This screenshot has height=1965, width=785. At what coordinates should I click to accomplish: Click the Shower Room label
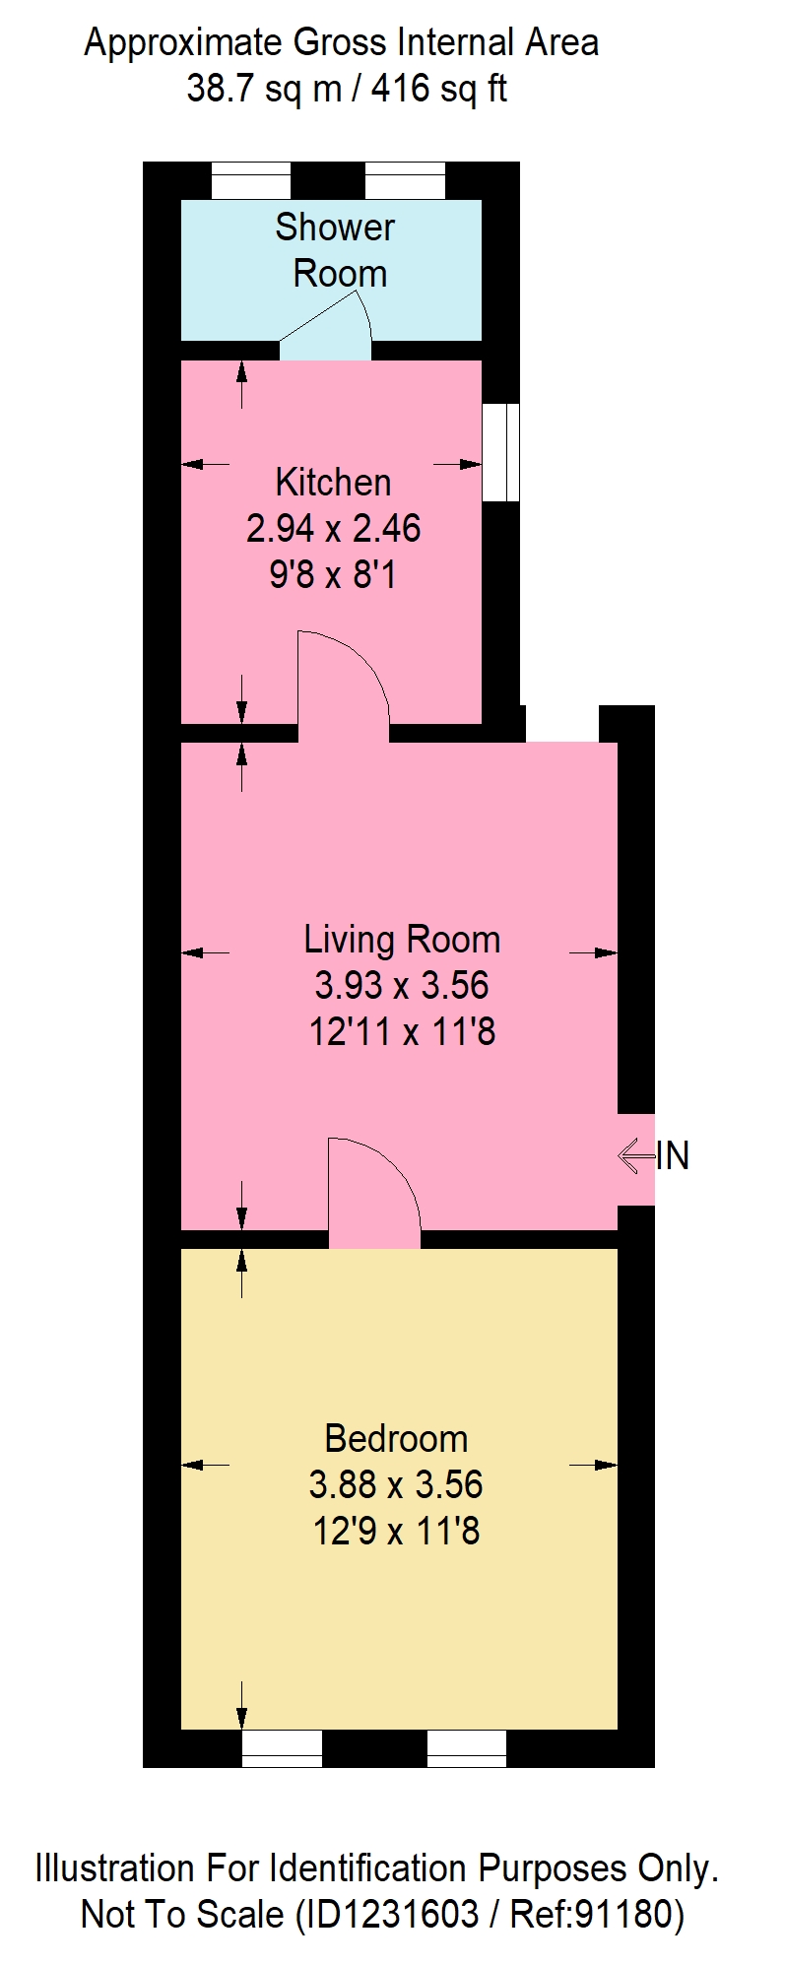point(335,250)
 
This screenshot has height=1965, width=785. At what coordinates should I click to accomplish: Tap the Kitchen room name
point(334,482)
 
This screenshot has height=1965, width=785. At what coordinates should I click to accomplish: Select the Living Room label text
point(402,940)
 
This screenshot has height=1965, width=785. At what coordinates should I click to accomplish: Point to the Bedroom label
point(396,1439)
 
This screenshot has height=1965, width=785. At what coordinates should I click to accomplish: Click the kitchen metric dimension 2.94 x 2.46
point(334,528)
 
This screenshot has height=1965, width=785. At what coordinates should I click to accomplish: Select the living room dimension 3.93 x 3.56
point(402,985)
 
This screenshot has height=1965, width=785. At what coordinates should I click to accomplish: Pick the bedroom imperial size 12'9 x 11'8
point(396,1532)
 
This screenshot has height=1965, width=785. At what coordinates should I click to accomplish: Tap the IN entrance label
point(673,1155)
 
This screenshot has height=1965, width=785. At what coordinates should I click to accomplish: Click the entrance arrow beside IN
point(636,1155)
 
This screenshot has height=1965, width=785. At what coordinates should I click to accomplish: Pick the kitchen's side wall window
point(500,452)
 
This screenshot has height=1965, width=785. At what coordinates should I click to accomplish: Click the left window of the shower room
point(251,181)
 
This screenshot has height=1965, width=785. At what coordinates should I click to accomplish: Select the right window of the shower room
point(405,181)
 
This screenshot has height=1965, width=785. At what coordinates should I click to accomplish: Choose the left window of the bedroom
point(282,1748)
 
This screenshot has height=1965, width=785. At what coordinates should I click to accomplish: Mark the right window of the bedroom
point(467,1748)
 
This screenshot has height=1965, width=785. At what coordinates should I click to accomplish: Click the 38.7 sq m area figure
point(263,90)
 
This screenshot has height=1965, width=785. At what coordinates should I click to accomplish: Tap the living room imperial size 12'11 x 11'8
point(402,1032)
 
